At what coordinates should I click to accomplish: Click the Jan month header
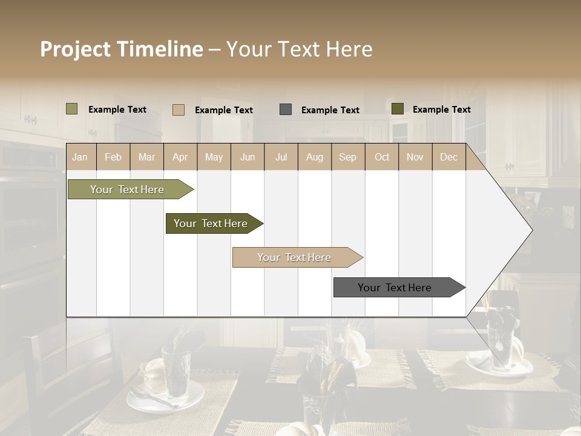(80, 157)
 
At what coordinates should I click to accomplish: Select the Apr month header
(180, 157)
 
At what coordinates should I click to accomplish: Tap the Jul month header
(281, 157)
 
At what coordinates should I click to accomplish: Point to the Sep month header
(347, 157)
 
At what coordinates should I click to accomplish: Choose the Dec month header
(448, 157)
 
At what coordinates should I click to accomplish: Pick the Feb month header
(113, 157)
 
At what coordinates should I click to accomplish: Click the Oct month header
(382, 157)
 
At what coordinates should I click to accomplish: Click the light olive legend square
(72, 109)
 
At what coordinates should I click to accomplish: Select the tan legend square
(179, 110)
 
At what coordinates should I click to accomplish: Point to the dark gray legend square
(286, 110)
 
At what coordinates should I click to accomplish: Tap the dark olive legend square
(398, 109)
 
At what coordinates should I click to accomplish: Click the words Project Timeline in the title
(121, 49)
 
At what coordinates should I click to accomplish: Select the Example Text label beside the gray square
(330, 110)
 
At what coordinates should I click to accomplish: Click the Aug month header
(314, 157)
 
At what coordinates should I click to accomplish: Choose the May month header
(214, 157)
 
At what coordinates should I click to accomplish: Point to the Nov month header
(415, 157)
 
